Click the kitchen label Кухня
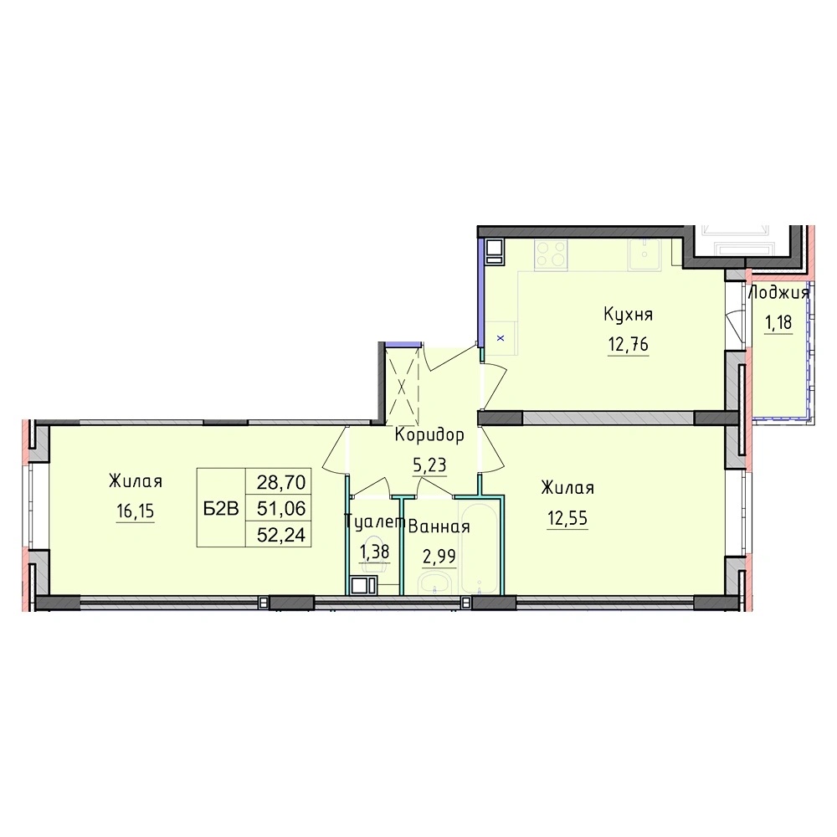(628, 315)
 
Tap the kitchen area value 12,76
(629, 345)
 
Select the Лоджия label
(778, 292)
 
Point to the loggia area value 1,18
(778, 322)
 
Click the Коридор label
(429, 435)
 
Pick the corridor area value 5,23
(429, 465)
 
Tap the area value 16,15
(135, 511)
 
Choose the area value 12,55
(567, 518)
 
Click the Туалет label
(373, 521)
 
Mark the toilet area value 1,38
(375, 552)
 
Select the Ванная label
(439, 527)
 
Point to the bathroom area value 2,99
(439, 557)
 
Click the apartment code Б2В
(221, 509)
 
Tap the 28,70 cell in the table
(281, 483)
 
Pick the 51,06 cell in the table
(281, 509)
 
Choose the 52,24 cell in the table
(281, 535)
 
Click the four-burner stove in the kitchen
(551, 254)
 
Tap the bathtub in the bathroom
(481, 548)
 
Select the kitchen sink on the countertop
(644, 254)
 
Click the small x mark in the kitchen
(501, 338)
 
